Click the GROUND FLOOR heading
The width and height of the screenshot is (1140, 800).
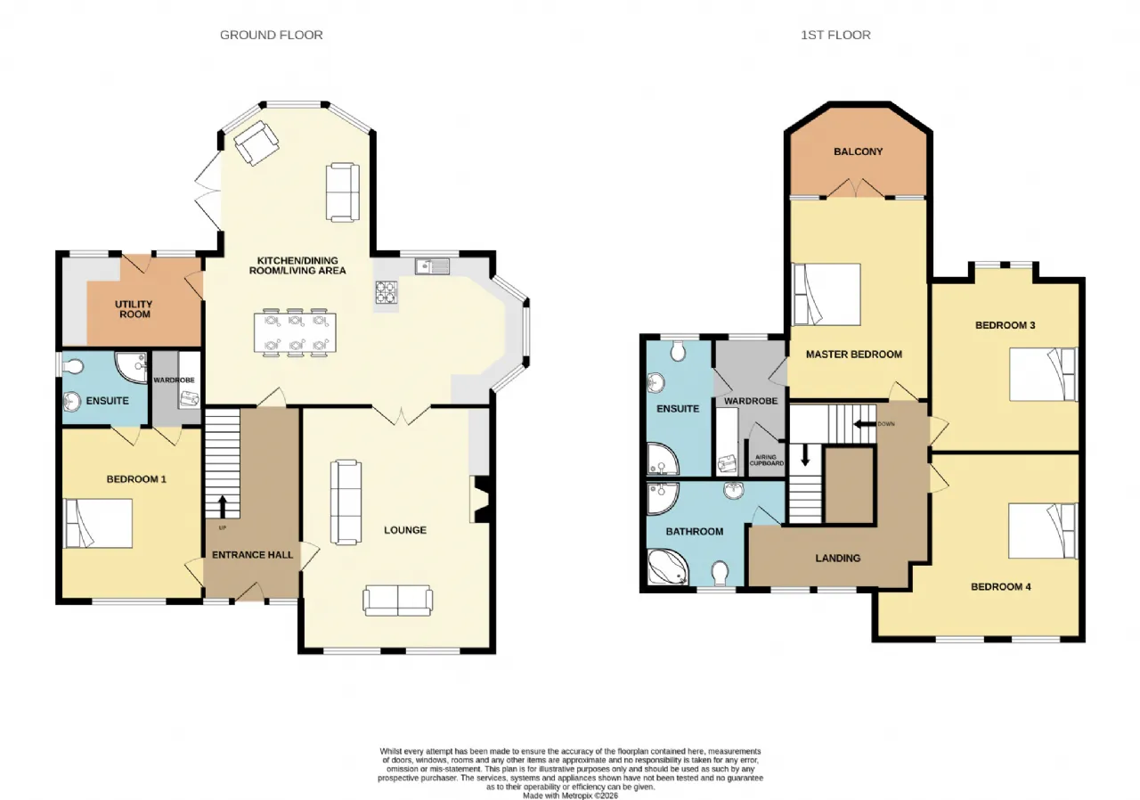point(272,35)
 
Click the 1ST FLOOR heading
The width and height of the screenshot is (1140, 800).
point(835,35)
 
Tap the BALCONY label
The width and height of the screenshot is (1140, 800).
point(858,151)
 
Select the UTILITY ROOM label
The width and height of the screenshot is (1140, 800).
point(134,309)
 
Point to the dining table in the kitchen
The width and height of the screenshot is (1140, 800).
point(295,332)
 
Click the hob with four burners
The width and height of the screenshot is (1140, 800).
point(387,292)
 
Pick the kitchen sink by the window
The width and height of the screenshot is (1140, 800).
point(432,266)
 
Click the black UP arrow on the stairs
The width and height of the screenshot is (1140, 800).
point(223,508)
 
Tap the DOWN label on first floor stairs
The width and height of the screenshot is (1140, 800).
point(886,424)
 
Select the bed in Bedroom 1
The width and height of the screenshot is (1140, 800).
point(98,523)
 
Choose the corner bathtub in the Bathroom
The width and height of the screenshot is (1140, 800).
point(668,567)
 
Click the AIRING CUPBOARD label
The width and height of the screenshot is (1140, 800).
point(766,461)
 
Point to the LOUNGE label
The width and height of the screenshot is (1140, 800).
point(405,530)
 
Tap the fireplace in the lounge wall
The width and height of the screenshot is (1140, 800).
point(480,499)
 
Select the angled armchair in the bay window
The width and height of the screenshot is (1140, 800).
point(256,143)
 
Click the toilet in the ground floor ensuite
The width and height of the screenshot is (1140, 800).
point(73,366)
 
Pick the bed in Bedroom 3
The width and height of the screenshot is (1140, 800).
point(1043,374)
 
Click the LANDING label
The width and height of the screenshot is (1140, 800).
point(838,559)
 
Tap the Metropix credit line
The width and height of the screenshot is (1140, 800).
point(570,796)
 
